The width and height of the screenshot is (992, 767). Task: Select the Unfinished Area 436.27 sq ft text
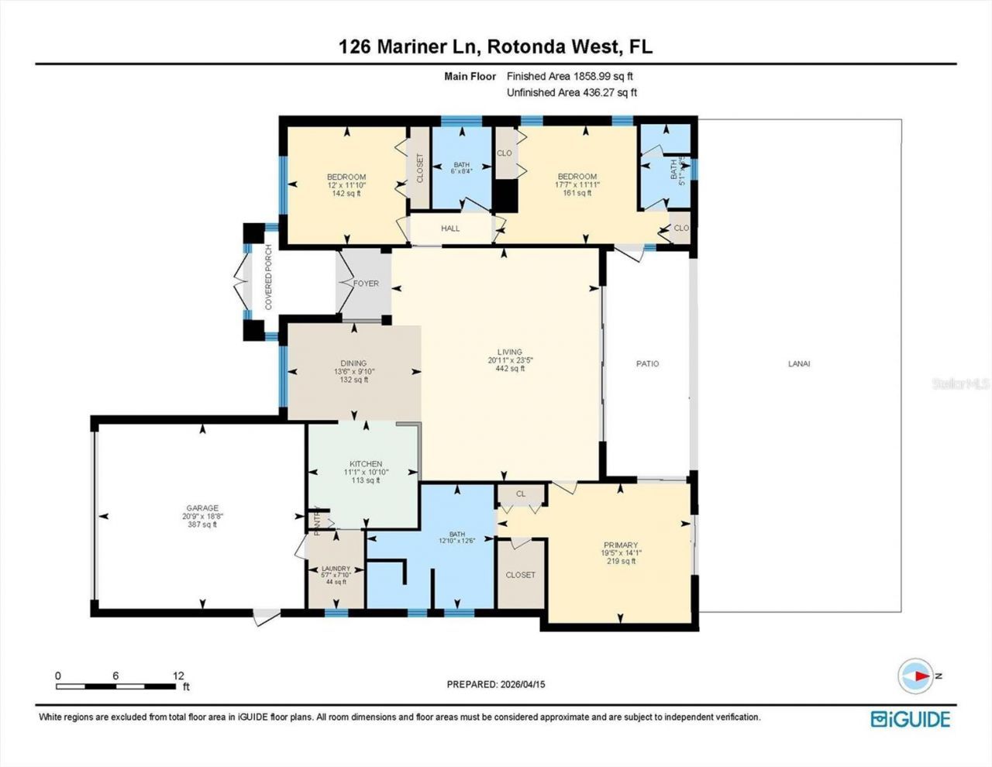[571, 92]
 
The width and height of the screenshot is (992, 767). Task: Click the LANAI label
[799, 363]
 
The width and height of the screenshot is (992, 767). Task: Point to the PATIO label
[647, 363]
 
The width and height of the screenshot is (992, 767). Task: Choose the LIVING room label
[510, 352]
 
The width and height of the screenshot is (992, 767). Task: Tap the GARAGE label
[201, 508]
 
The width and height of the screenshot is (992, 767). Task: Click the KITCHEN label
[366, 464]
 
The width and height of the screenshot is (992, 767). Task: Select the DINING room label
[353, 363]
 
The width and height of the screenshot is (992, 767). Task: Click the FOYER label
[366, 284]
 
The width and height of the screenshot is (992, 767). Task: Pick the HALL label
[450, 229]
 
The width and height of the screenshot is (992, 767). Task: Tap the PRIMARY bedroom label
[621, 545]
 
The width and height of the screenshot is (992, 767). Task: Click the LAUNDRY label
[336, 569]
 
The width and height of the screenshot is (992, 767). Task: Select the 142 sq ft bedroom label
[346, 185]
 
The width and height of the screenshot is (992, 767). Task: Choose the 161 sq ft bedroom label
[577, 185]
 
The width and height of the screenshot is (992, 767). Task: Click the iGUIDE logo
[910, 719]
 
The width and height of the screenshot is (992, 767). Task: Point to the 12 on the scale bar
[178, 676]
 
